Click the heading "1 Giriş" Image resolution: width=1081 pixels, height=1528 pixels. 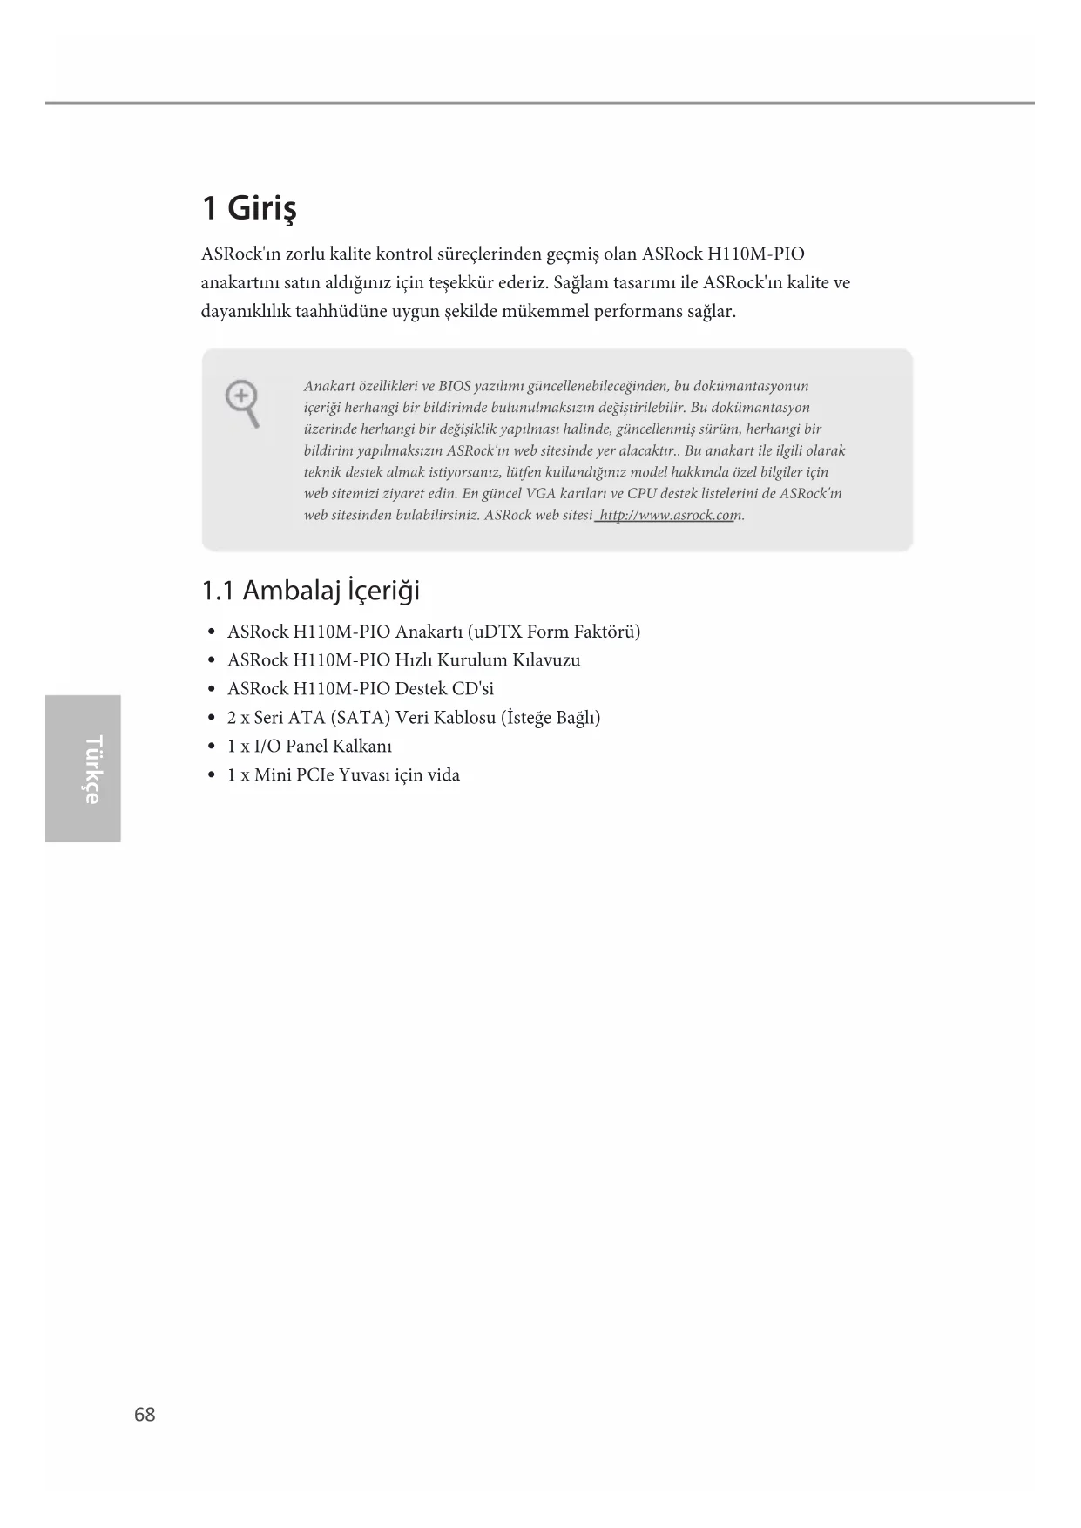tap(249, 208)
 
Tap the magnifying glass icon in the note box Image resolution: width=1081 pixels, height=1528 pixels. tap(243, 402)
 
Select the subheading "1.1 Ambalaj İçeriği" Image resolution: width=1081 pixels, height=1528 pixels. tap(310, 591)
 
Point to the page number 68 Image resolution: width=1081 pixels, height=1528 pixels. tap(145, 1415)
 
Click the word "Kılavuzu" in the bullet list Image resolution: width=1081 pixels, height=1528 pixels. tap(546, 660)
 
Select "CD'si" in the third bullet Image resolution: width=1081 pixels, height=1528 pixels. tap(472, 689)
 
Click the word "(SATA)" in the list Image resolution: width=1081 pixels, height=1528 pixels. tap(361, 718)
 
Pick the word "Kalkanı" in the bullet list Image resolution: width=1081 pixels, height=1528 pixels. tap(362, 747)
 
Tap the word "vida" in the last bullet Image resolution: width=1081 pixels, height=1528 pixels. tap(443, 775)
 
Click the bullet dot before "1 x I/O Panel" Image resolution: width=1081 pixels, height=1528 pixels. tap(212, 747)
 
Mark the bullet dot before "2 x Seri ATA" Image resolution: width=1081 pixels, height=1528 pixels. tap(212, 719)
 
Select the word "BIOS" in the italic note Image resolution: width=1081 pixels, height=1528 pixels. tap(454, 386)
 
